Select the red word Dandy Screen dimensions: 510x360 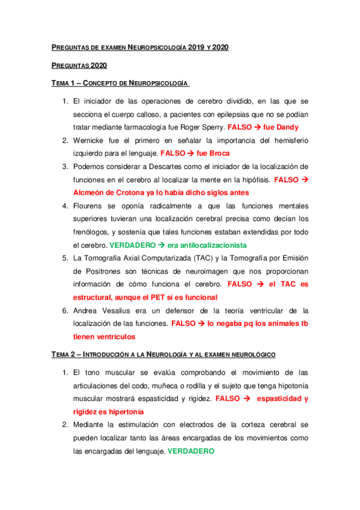(286, 127)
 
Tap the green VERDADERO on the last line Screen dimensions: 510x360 (191, 451)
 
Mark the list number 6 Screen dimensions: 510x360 (66, 310)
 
